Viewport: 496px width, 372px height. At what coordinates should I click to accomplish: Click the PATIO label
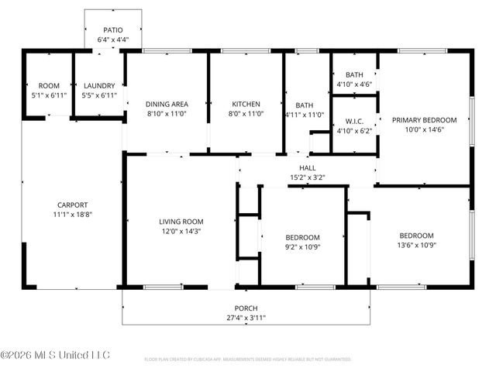pyautogui.click(x=113, y=30)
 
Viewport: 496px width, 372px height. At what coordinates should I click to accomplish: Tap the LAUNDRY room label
pyautogui.click(x=99, y=85)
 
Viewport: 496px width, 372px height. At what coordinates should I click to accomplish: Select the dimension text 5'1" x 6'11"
pyautogui.click(x=46, y=95)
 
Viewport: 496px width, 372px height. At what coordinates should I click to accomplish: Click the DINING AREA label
pyautogui.click(x=166, y=104)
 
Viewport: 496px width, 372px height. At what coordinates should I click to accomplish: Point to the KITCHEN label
pyautogui.click(x=246, y=104)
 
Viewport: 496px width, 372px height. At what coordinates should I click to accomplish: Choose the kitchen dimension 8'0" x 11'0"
pyautogui.click(x=246, y=113)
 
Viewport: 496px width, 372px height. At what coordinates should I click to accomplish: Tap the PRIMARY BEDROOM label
pyautogui.click(x=424, y=120)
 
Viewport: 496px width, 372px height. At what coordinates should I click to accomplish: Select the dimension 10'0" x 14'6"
pyautogui.click(x=424, y=129)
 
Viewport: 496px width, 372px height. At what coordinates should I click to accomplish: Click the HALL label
pyautogui.click(x=308, y=167)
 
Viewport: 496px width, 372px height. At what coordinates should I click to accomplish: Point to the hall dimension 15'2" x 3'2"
pyautogui.click(x=308, y=177)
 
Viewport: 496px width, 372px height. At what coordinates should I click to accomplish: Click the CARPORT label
pyautogui.click(x=71, y=205)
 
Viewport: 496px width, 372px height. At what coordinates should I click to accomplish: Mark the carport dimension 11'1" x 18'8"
pyautogui.click(x=71, y=214)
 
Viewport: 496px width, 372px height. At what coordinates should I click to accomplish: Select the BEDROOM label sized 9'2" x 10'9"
pyautogui.click(x=302, y=237)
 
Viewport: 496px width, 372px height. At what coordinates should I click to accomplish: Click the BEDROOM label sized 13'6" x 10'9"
pyautogui.click(x=416, y=236)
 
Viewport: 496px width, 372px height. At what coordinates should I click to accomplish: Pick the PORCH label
pyautogui.click(x=246, y=308)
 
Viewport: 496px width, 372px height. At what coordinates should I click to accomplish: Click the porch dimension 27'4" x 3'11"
pyautogui.click(x=246, y=317)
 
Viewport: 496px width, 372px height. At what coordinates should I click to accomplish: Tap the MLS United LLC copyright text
pyautogui.click(x=55, y=355)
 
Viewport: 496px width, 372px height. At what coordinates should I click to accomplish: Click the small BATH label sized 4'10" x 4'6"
pyautogui.click(x=354, y=74)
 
